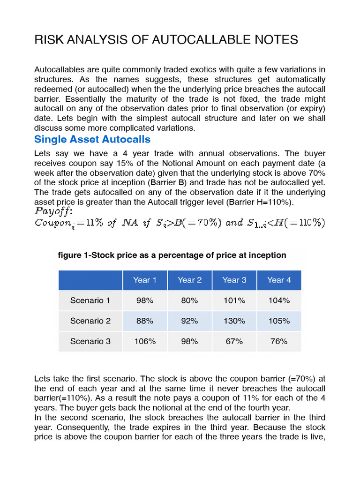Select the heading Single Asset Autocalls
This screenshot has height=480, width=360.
click(92, 139)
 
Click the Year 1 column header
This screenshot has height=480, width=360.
click(144, 280)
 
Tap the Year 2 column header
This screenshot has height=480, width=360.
click(189, 280)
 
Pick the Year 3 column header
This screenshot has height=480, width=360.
click(234, 280)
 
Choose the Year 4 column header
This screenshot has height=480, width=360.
click(279, 280)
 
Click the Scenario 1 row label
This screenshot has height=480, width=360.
click(90, 300)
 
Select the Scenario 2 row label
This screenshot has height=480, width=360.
click(90, 321)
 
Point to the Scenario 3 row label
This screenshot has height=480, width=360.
click(90, 341)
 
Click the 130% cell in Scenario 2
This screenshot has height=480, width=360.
click(234, 321)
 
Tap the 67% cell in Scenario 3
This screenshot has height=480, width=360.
click(234, 341)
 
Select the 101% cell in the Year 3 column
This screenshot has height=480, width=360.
click(234, 300)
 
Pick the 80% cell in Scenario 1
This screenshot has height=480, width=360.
click(189, 300)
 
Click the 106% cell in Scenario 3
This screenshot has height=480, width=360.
click(144, 341)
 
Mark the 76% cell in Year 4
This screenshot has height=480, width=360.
click(279, 341)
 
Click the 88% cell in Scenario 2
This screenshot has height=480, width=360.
click(144, 321)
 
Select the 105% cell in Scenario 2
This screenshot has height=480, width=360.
click(279, 321)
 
